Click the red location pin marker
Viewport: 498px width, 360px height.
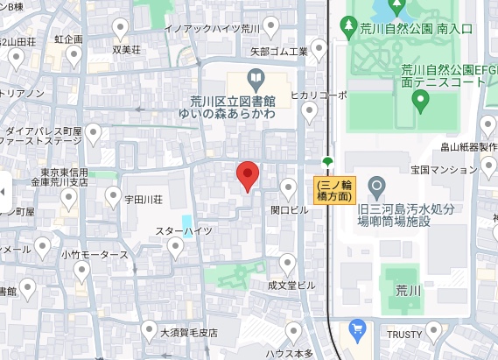point(248,176)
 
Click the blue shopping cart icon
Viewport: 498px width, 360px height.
point(356,329)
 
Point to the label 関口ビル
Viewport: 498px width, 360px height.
point(291,210)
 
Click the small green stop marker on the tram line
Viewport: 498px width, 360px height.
point(327,161)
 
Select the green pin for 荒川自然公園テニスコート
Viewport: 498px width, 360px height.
point(421,101)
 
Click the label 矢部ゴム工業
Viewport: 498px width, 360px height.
point(278,52)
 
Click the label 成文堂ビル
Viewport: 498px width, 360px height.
point(291,285)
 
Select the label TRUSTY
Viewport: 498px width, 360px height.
point(406,333)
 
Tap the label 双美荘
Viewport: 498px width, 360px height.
point(127,49)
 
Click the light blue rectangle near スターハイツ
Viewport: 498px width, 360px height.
point(187,225)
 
